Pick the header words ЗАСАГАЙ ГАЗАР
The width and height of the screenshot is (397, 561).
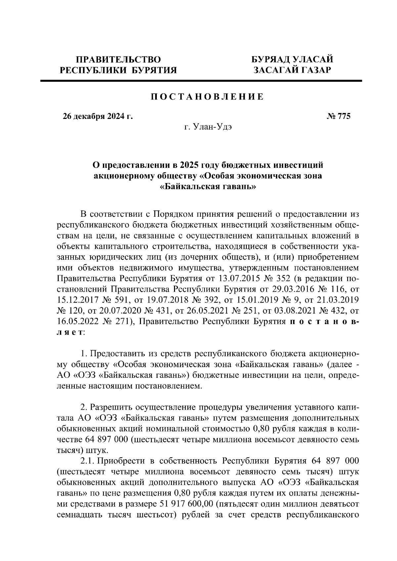292,70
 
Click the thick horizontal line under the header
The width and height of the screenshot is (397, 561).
201,81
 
